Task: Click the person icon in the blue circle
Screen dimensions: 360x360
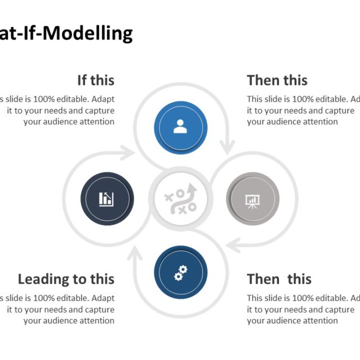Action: click(x=180, y=127)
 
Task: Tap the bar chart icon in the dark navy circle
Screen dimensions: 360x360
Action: click(x=107, y=199)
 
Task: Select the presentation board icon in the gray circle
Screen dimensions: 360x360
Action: click(x=251, y=200)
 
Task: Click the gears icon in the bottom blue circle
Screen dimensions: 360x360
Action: click(x=180, y=273)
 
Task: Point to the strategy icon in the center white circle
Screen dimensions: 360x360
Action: click(x=181, y=199)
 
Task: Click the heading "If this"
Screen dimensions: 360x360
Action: click(x=96, y=80)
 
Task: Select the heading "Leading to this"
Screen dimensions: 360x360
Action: click(x=66, y=279)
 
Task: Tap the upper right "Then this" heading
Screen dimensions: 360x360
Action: click(x=277, y=80)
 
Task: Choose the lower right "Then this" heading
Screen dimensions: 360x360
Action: click(x=279, y=279)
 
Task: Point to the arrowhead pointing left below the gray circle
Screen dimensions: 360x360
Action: click(x=232, y=244)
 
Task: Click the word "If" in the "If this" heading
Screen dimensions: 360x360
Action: click(x=82, y=80)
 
